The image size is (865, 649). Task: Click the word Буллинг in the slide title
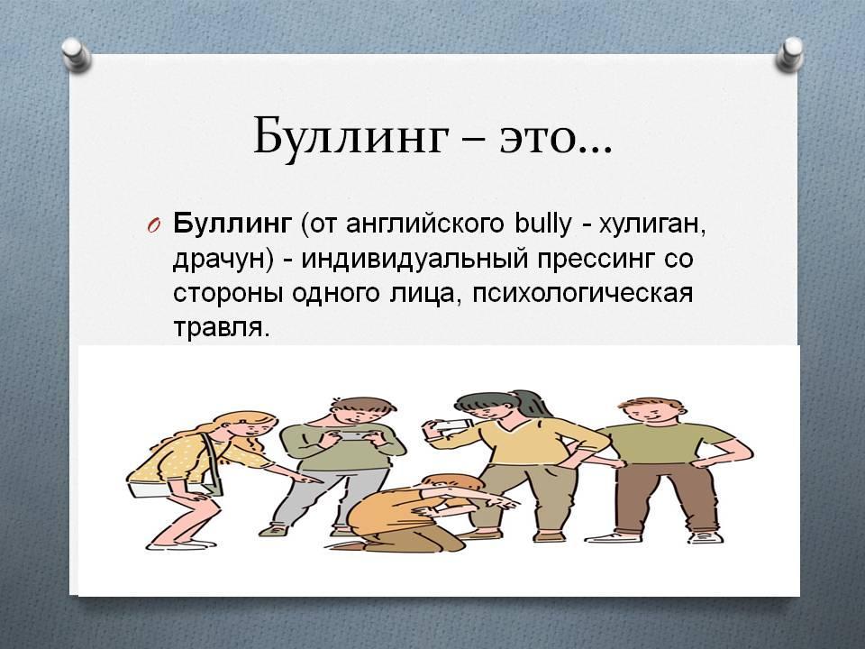(x=350, y=135)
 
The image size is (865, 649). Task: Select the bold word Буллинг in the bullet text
(x=232, y=225)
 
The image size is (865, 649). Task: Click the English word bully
(x=542, y=225)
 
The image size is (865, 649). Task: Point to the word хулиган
(x=652, y=226)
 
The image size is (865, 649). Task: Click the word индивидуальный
(x=414, y=261)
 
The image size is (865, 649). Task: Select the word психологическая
(x=582, y=295)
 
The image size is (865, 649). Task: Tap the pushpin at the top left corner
(x=76, y=55)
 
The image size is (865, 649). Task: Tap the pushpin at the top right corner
(x=789, y=53)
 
